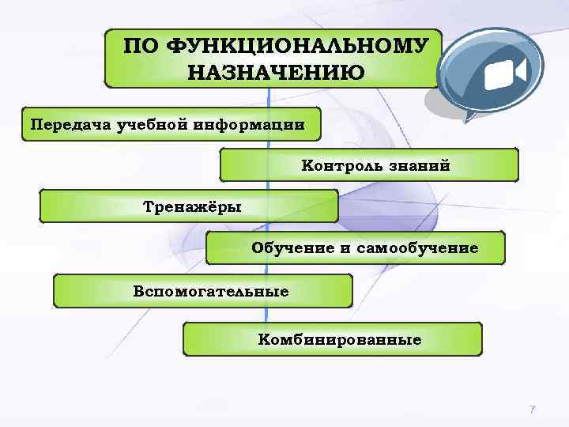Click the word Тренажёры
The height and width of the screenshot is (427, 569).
pos(192,206)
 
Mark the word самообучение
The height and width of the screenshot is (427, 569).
pos(417,248)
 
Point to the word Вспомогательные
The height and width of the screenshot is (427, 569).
pos(211,291)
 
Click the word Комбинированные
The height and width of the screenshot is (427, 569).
pos(340,340)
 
